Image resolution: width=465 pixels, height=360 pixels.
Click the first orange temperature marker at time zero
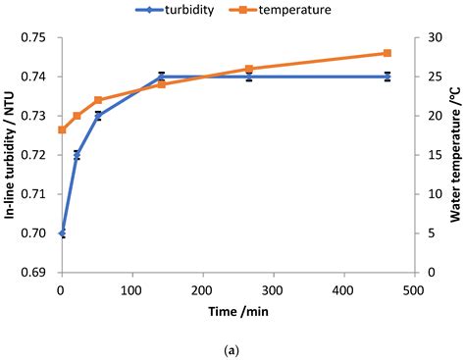[x=62, y=129]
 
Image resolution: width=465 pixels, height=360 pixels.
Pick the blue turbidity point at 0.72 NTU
[x=77, y=155]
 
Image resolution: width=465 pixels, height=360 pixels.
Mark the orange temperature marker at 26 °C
[x=249, y=69]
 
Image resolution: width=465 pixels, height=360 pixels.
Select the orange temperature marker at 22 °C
[x=98, y=100]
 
